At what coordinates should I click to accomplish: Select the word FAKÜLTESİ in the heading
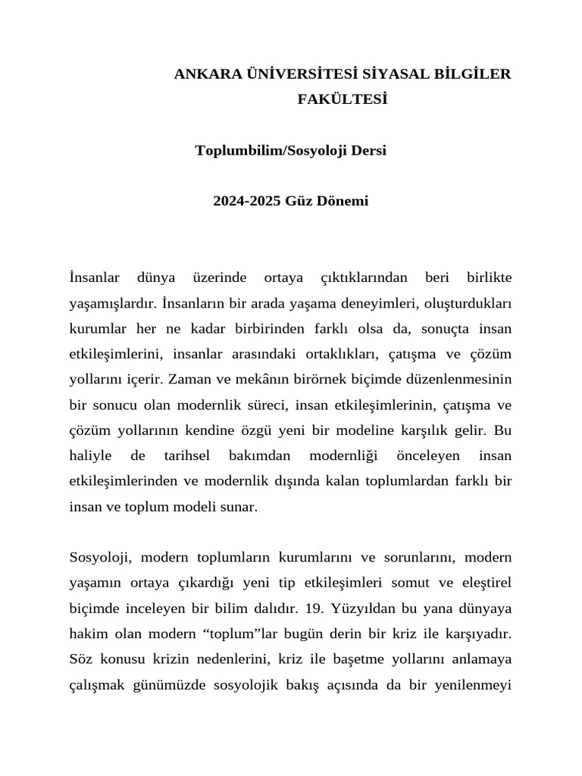[343, 99]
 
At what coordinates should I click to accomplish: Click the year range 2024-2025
[247, 202]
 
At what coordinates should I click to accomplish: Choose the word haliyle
[90, 456]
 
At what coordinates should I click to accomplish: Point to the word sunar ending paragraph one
[240, 507]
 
